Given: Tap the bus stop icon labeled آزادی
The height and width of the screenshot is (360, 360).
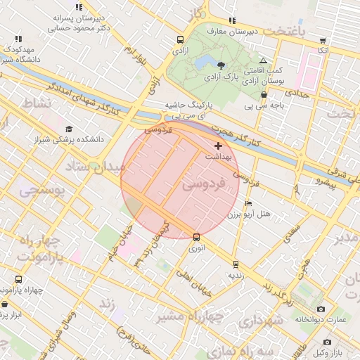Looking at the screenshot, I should [181, 40].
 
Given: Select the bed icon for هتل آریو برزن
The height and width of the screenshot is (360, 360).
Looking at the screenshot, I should [248, 204].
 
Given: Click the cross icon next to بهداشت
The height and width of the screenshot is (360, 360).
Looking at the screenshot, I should [218, 146].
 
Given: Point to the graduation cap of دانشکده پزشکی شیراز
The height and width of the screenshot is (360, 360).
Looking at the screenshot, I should [69, 129].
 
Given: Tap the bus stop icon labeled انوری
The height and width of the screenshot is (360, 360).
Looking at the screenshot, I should [196, 237].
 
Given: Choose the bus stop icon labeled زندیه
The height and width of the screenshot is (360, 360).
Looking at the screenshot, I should [236, 264].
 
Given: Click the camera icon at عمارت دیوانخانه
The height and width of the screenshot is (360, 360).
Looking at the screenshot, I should [321, 309].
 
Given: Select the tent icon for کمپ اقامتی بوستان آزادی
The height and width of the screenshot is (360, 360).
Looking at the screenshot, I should [263, 62].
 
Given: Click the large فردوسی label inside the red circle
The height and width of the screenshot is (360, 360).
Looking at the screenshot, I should [204, 186].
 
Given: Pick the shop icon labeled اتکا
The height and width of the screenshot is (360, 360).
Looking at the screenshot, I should [323, 41].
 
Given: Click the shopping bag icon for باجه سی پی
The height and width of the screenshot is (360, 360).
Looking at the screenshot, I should [264, 95].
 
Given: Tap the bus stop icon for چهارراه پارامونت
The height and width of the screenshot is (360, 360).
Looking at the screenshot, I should [18, 280].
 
